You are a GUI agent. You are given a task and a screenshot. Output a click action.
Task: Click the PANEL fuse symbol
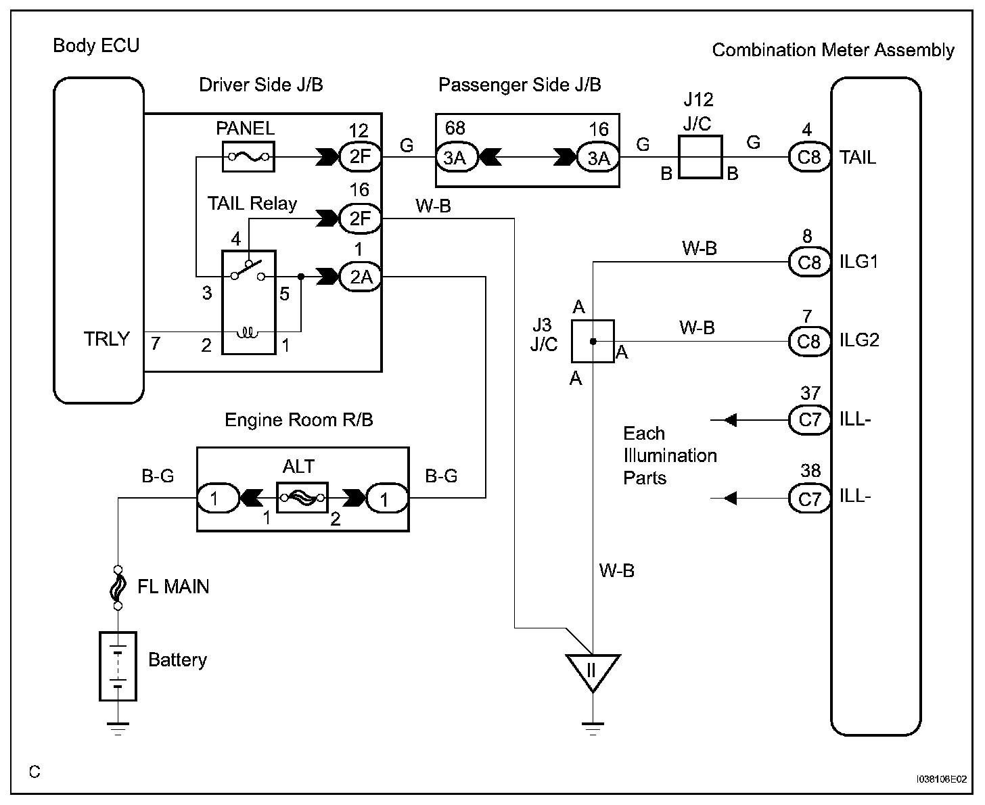[x=248, y=158]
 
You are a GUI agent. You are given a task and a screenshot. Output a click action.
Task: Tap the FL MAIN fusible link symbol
[x=118, y=586]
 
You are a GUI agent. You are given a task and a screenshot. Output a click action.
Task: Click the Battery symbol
[x=118, y=666]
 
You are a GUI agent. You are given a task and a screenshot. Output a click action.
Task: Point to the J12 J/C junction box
[x=700, y=157]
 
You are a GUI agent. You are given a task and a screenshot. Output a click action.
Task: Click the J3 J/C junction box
[x=593, y=341]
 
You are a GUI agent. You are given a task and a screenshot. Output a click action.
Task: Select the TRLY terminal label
[x=106, y=338]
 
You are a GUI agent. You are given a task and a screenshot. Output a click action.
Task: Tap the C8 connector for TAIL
[x=809, y=157]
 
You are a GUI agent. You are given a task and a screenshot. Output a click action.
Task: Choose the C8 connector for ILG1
[x=809, y=261]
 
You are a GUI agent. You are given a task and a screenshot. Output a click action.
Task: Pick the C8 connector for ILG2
[x=809, y=340]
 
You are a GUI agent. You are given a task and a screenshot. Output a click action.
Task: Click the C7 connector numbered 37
[x=809, y=419]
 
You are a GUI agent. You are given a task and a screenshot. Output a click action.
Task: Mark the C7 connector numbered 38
[x=809, y=499]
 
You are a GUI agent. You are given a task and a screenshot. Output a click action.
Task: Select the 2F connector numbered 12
[x=360, y=157]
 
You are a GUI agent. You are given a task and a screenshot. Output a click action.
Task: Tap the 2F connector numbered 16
[x=360, y=218]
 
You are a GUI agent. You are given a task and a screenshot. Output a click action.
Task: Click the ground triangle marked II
[x=593, y=672]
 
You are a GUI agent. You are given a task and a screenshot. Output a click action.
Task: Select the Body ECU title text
[x=96, y=46]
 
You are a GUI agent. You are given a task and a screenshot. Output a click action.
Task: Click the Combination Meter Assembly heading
[x=833, y=50]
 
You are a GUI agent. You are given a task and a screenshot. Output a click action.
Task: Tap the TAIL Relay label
[x=252, y=204]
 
